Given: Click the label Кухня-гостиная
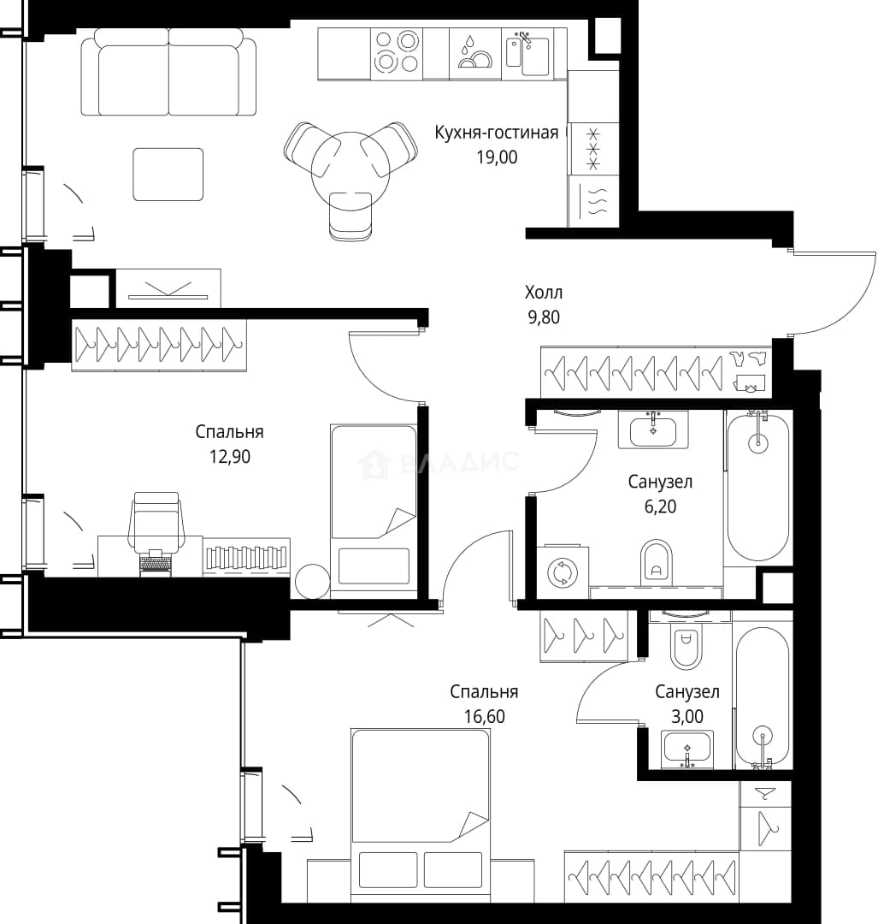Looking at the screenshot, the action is (x=497, y=133).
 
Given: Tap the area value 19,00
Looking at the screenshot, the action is (x=497, y=157).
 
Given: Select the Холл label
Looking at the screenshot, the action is (x=544, y=293).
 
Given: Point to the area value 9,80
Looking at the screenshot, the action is (x=544, y=317).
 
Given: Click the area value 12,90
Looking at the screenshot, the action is (x=230, y=457).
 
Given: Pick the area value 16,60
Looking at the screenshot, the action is (x=484, y=717).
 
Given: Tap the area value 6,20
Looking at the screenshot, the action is (x=660, y=506).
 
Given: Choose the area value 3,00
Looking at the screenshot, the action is (x=687, y=717).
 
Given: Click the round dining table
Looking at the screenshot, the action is (x=351, y=171).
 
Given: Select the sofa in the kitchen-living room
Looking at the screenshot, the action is (x=168, y=72).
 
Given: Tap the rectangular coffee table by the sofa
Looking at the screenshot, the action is (x=168, y=175).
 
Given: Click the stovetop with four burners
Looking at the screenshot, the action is (x=397, y=53).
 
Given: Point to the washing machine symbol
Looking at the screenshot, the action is (x=562, y=572).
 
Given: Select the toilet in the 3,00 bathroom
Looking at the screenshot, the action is (x=685, y=646).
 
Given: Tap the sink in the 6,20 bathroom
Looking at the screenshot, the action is (x=653, y=429).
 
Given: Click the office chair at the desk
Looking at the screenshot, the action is (x=156, y=524).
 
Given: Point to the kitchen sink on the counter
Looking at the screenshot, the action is (x=527, y=54).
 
